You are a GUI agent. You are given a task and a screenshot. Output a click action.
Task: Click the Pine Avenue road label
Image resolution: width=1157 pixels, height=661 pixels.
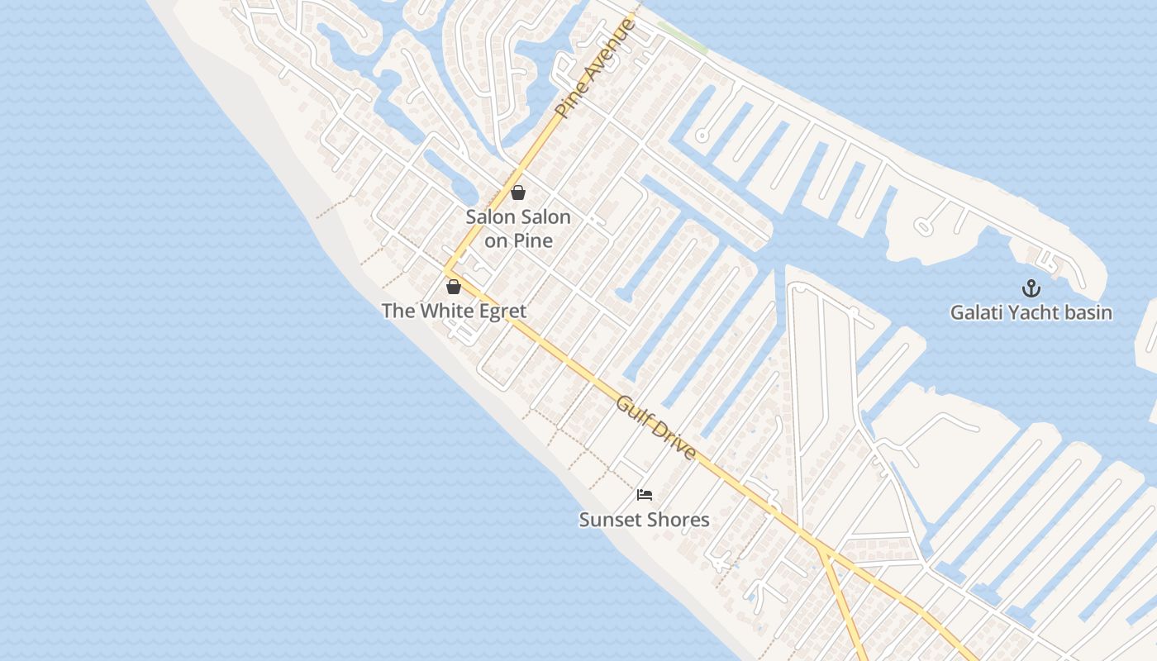(x=595, y=69)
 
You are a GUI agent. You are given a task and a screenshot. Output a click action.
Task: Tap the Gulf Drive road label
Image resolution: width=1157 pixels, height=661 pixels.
(x=656, y=428)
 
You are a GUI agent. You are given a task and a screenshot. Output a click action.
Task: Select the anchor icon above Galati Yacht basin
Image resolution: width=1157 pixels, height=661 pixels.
(x=1031, y=288)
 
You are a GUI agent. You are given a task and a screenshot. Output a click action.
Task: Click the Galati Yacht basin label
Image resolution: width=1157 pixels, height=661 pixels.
(x=1031, y=312)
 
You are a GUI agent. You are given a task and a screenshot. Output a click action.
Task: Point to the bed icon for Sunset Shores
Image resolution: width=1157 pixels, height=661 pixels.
(x=645, y=495)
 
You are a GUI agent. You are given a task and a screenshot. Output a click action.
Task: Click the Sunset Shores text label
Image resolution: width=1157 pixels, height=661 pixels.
(x=644, y=520)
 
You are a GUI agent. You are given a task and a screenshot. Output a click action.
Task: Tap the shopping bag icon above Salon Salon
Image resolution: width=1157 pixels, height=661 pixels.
(x=518, y=193)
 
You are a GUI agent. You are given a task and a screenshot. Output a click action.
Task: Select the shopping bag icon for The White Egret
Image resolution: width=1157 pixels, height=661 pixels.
(x=453, y=287)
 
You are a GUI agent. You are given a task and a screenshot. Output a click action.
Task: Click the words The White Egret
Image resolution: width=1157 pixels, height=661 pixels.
(x=454, y=311)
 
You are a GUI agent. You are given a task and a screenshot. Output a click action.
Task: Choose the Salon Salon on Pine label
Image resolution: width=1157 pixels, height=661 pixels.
(x=518, y=229)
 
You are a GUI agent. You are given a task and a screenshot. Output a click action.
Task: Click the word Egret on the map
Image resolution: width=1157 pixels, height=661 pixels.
(x=502, y=311)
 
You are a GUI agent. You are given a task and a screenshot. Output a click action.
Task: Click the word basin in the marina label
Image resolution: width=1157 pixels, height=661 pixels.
(x=1088, y=312)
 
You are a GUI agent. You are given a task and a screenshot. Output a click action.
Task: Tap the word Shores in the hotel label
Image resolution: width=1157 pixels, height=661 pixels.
(x=677, y=520)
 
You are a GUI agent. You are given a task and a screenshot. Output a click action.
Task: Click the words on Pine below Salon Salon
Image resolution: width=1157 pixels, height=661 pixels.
(x=518, y=241)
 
